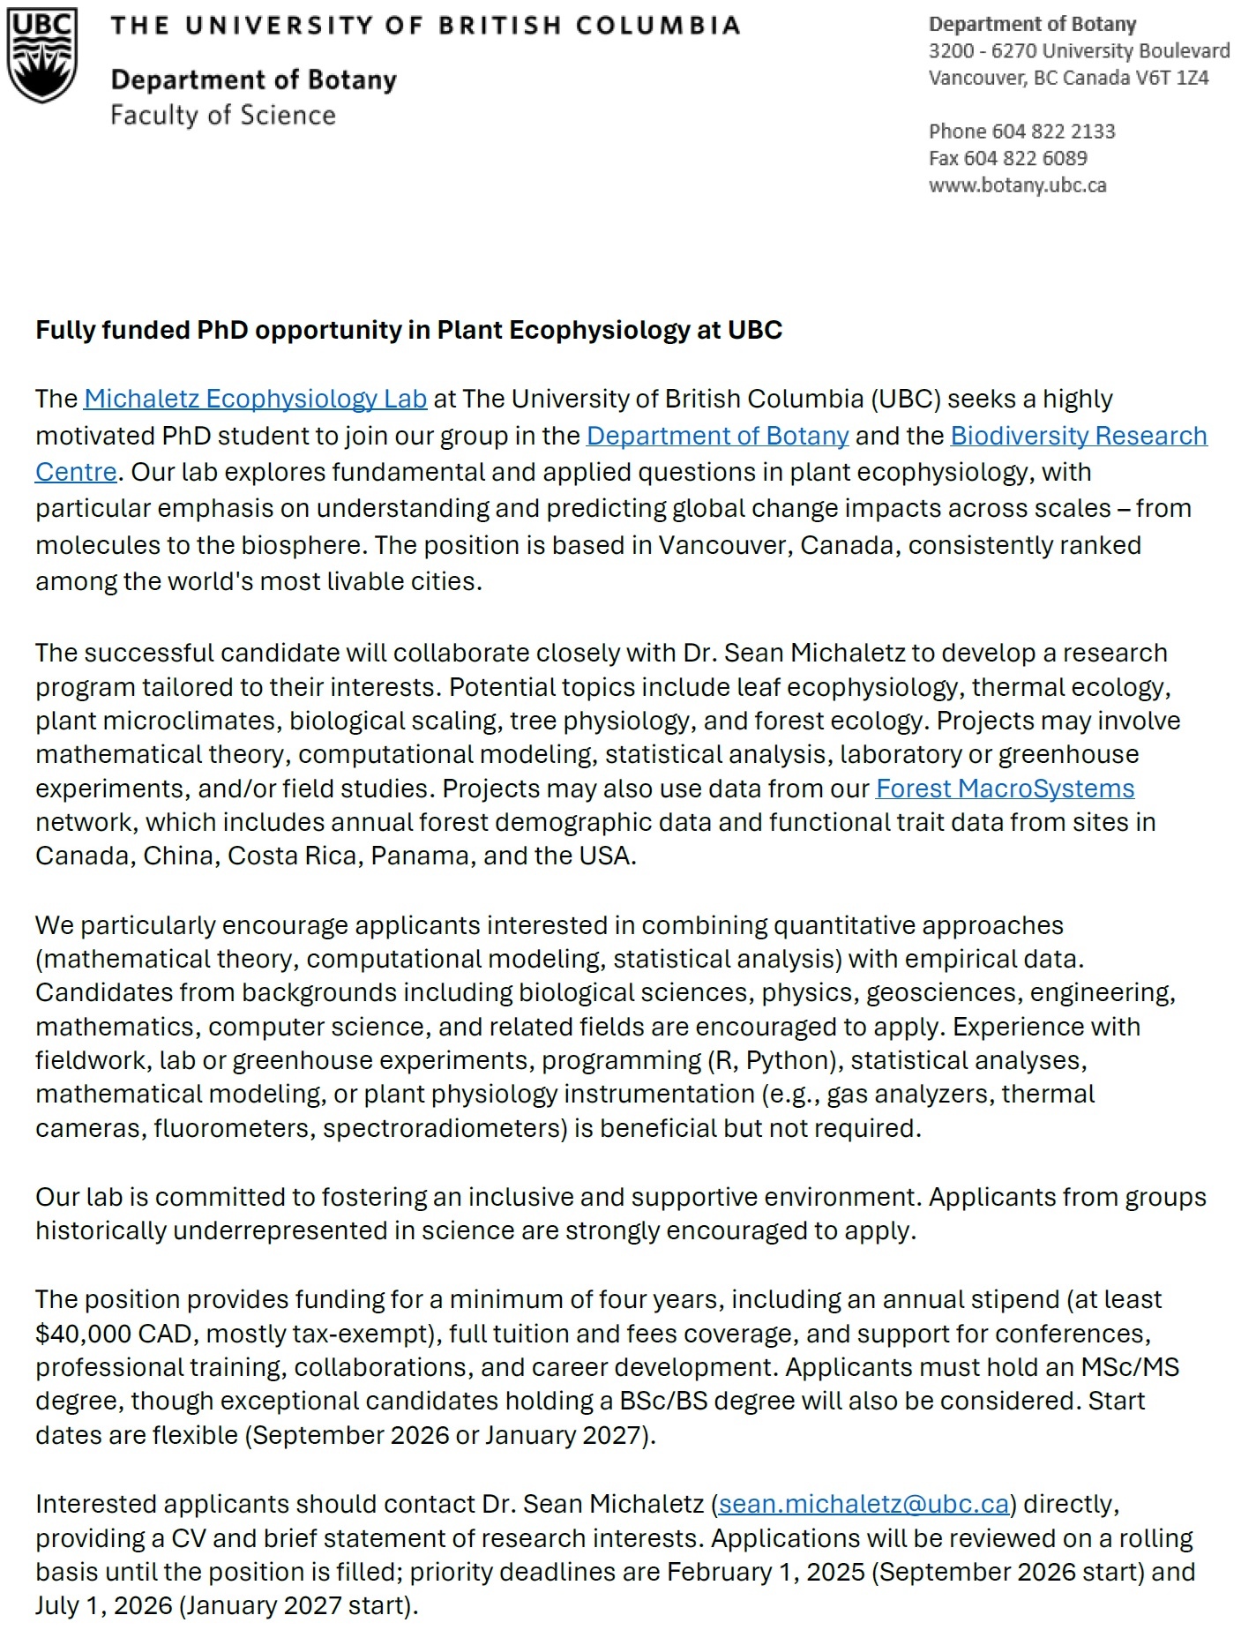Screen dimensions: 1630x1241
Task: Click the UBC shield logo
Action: [41, 55]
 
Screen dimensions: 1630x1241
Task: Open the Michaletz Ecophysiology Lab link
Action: [255, 399]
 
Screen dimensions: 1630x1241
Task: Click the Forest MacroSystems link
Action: [1005, 788]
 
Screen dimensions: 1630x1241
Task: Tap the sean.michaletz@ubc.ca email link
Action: [863, 1503]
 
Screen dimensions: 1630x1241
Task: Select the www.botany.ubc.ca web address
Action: [1017, 185]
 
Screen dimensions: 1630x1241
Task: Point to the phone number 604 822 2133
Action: [1053, 131]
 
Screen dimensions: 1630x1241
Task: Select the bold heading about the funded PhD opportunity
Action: [408, 330]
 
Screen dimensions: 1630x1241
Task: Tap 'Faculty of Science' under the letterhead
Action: [223, 116]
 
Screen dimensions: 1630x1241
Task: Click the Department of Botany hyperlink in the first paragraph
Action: [717, 436]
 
